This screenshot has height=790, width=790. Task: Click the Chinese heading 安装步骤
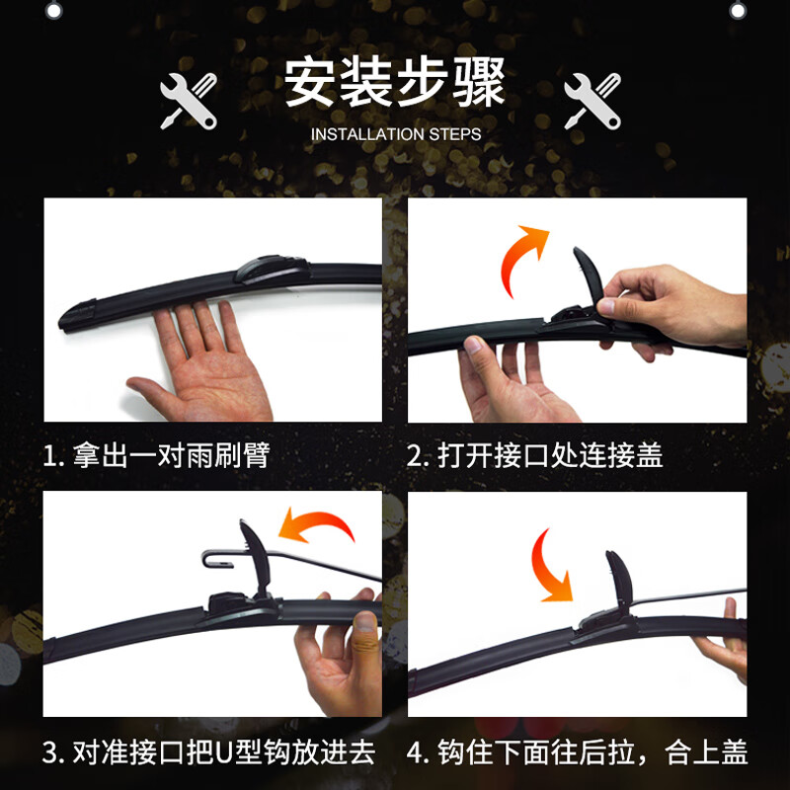(x=395, y=83)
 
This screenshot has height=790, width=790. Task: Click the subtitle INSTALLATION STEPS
(x=395, y=133)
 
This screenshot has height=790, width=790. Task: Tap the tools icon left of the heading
(x=189, y=99)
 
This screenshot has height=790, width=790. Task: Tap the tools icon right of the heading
(x=592, y=99)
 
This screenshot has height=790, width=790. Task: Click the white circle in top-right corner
(x=738, y=9)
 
